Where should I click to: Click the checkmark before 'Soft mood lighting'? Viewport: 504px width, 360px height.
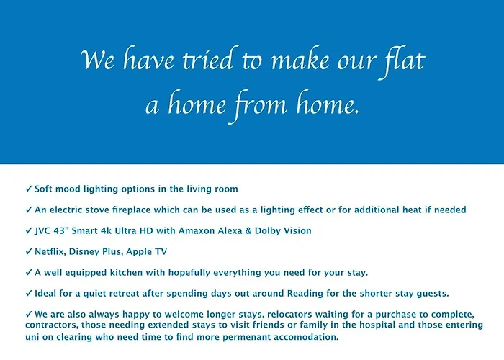click(x=29, y=189)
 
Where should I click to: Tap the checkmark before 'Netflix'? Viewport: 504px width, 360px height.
click(x=29, y=251)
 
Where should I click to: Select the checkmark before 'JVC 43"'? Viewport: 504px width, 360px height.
click(x=29, y=230)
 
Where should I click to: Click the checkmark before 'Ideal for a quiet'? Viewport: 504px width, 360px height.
click(x=29, y=293)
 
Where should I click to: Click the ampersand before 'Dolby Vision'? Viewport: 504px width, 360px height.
click(x=248, y=231)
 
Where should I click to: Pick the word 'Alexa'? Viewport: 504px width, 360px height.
click(x=230, y=231)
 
